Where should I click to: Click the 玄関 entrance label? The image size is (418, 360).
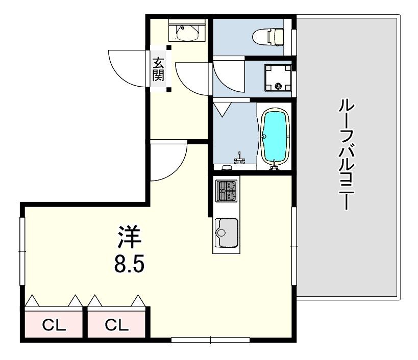(158, 69)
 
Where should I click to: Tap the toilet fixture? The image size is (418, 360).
(267, 37)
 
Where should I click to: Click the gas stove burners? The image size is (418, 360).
(226, 191)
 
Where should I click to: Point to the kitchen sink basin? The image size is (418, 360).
(226, 233)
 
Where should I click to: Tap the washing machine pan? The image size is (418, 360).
(278, 78)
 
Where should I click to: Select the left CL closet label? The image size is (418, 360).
(54, 325)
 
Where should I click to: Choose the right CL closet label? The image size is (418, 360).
(116, 325)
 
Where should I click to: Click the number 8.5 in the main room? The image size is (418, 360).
(130, 264)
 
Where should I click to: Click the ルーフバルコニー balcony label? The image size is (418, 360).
(347, 155)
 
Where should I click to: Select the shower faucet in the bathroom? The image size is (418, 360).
(240, 158)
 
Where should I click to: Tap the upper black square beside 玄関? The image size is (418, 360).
(169, 47)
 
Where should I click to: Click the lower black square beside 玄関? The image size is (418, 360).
(169, 90)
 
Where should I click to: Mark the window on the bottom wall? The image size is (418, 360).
(210, 340)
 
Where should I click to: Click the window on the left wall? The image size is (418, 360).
(22, 251)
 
